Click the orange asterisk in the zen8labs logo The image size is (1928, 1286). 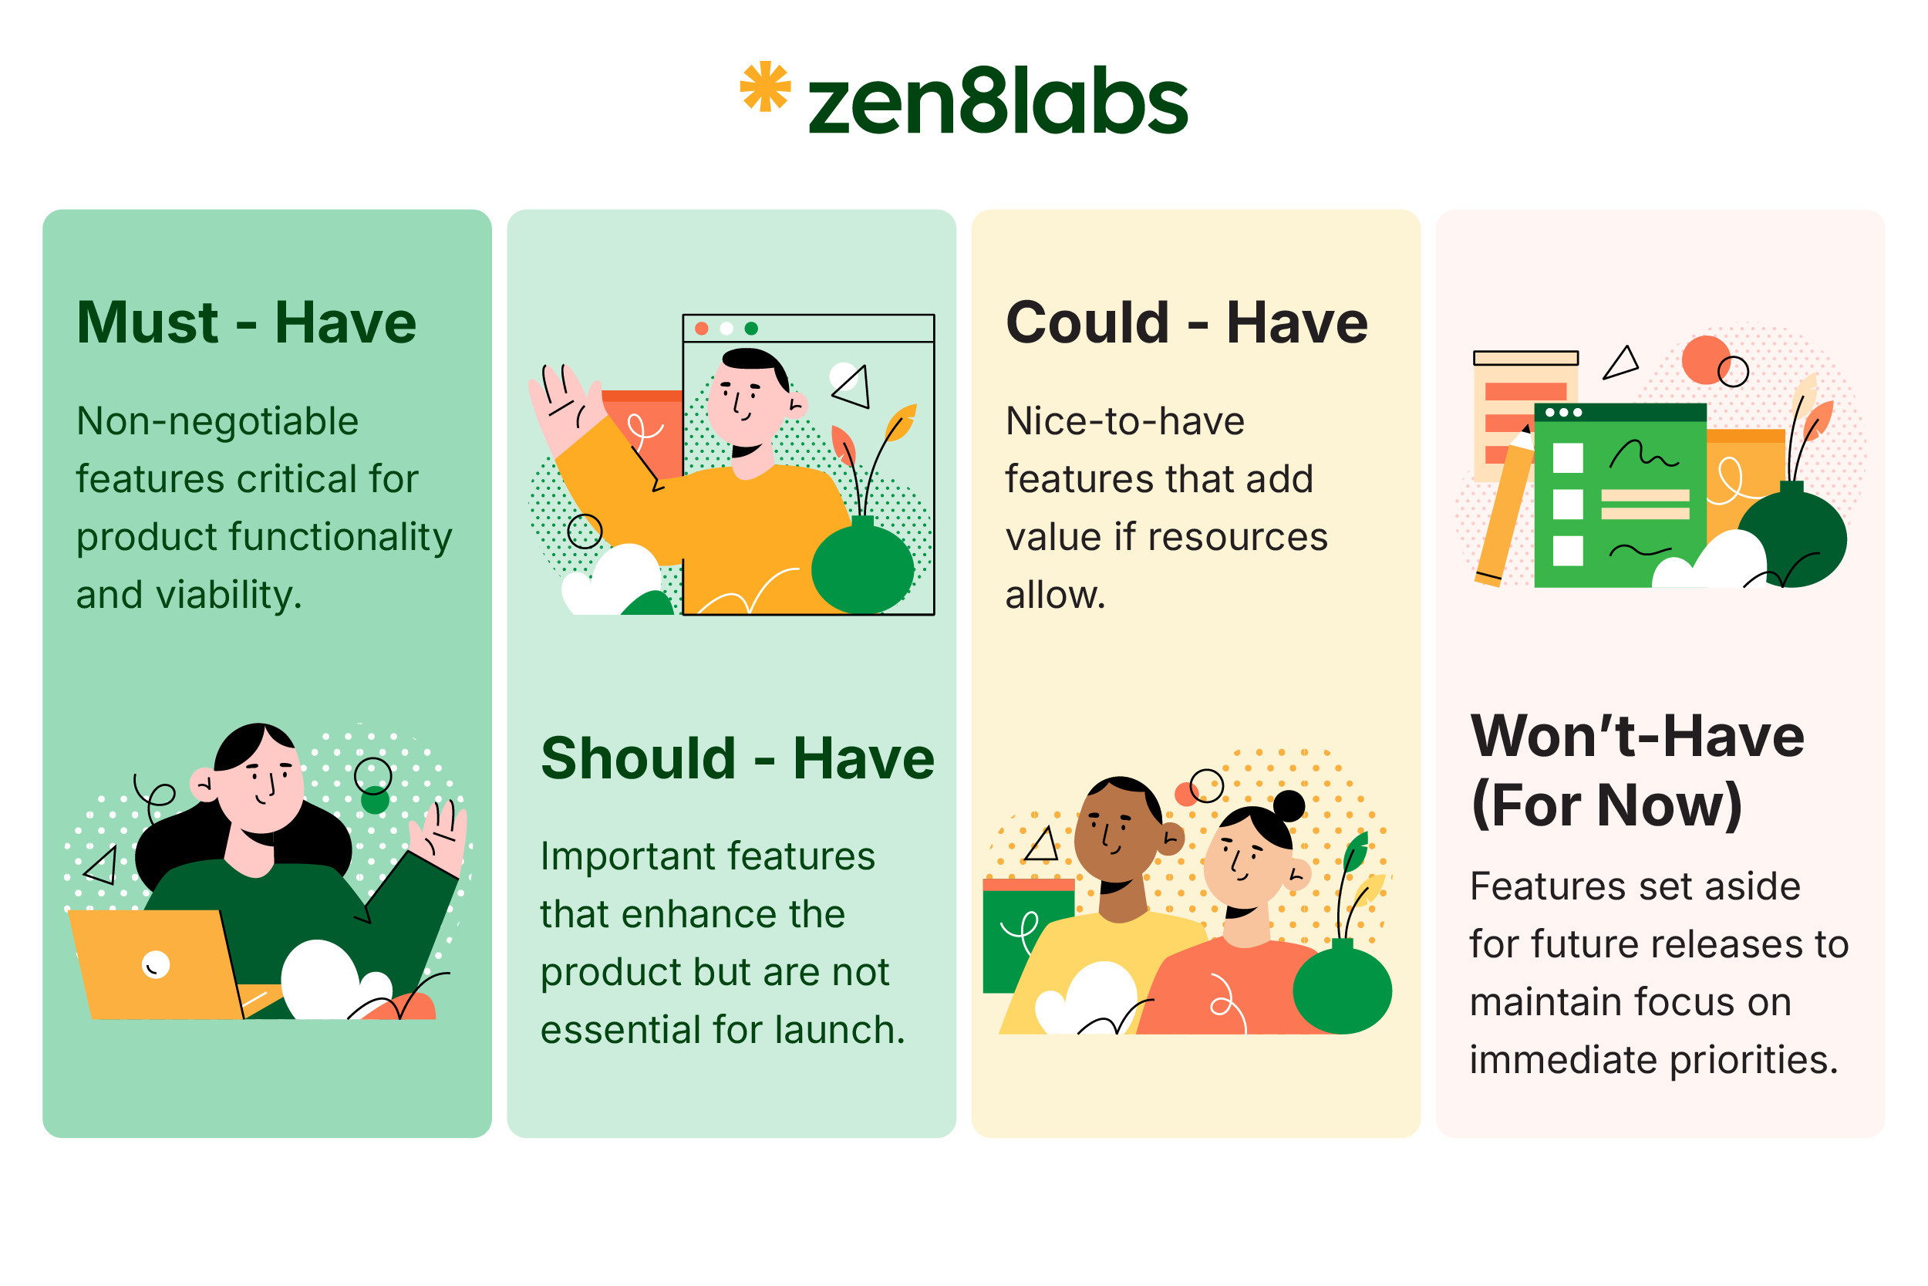[765, 86]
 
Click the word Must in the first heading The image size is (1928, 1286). [147, 322]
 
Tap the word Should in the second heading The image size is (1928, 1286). [639, 758]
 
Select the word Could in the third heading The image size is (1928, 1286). [1087, 322]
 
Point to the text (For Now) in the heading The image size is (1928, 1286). [1606, 805]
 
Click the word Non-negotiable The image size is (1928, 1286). [217, 421]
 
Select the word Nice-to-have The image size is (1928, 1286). [1124, 421]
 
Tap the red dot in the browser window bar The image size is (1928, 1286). [702, 329]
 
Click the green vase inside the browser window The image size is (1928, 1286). [862, 569]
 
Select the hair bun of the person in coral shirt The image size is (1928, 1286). [1289, 806]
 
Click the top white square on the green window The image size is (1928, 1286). [1567, 457]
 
